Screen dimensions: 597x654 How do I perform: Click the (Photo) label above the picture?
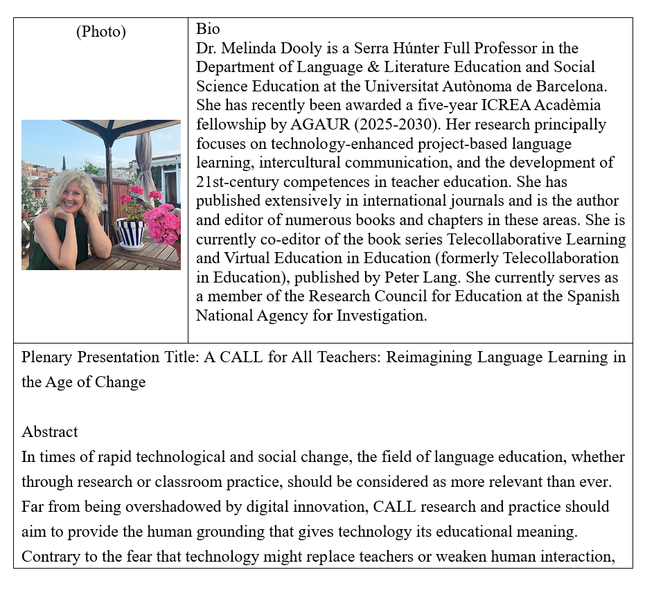pyautogui.click(x=100, y=32)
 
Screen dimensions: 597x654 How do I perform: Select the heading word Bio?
pyautogui.click(x=208, y=29)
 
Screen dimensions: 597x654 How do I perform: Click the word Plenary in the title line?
pyautogui.click(x=48, y=357)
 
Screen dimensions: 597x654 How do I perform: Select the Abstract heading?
pyautogui.click(x=50, y=432)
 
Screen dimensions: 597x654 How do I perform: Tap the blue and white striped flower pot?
pyautogui.click(x=130, y=233)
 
